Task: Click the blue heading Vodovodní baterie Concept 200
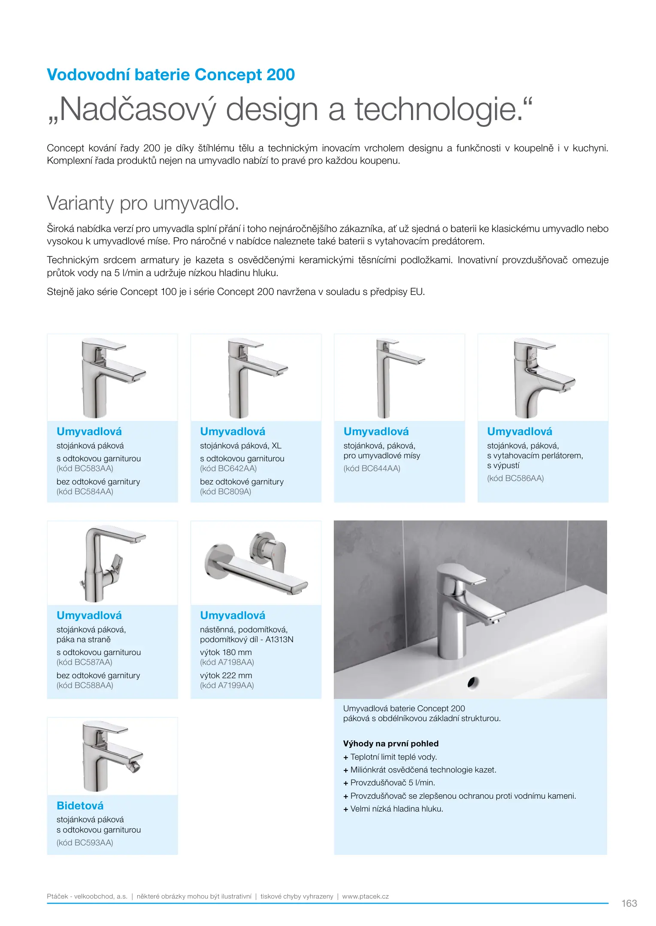coord(171,75)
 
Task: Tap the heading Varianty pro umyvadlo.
coord(142,203)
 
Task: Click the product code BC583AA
coord(85,469)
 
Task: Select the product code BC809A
coord(226,492)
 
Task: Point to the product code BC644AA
coord(372,469)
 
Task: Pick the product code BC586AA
coord(515,478)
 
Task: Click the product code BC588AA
coord(85,685)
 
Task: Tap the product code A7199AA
coord(227,685)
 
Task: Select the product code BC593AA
coord(85,843)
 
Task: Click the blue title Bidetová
coord(80,806)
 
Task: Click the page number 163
coord(629,903)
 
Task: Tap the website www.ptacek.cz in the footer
coord(366,896)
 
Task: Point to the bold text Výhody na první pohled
coord(391,744)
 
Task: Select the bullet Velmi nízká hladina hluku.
coord(396,809)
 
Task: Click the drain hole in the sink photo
coord(473,682)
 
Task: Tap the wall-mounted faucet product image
coord(256,562)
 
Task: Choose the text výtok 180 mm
coord(226,652)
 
